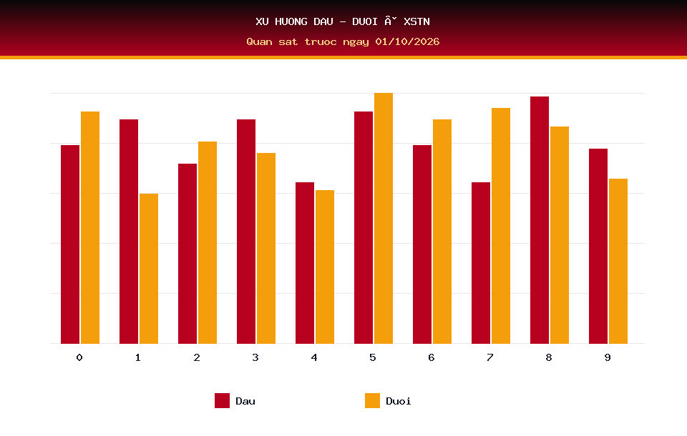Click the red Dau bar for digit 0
[70, 244]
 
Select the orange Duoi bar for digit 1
[149, 268]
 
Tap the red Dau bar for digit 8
[540, 220]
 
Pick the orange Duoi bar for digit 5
[384, 219]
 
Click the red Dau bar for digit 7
[481, 262]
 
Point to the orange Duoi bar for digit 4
[325, 267]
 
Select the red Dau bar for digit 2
[187, 254]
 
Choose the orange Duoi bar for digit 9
[618, 261]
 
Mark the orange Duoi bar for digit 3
[266, 248]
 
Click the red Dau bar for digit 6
[422, 244]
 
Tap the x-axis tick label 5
[372, 357]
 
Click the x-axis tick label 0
[79, 357]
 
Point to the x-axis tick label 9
[608, 357]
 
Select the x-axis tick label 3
[255, 357]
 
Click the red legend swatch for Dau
[222, 400]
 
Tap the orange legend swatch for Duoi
[372, 400]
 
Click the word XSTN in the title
[416, 21]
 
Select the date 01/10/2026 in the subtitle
[407, 41]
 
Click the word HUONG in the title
[291, 21]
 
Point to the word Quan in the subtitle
[259, 41]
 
